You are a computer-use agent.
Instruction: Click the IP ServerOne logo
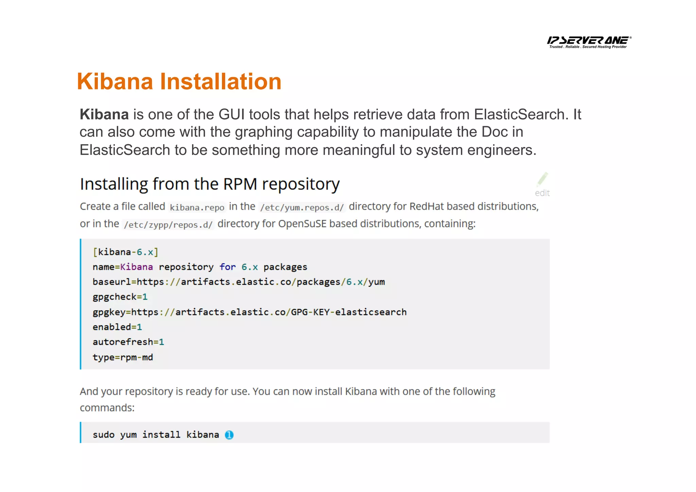click(589, 42)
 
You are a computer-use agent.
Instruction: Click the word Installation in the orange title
click(221, 82)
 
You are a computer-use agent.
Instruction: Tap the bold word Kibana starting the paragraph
click(104, 115)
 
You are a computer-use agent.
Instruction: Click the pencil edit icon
click(542, 179)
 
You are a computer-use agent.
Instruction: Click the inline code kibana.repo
click(197, 207)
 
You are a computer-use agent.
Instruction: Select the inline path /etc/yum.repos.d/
click(302, 207)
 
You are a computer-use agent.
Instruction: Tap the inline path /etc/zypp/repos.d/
click(168, 224)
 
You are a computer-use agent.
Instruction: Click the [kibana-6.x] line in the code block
click(125, 252)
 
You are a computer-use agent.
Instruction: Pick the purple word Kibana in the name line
click(137, 267)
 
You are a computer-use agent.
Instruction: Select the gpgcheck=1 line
click(120, 297)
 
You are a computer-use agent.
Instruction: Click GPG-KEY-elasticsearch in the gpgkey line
click(349, 312)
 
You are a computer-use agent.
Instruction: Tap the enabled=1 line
click(117, 327)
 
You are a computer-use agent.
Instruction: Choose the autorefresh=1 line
click(128, 342)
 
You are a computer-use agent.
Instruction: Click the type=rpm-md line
click(123, 357)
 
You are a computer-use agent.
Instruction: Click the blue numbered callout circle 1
click(229, 435)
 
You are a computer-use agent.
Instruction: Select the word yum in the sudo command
click(128, 435)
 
